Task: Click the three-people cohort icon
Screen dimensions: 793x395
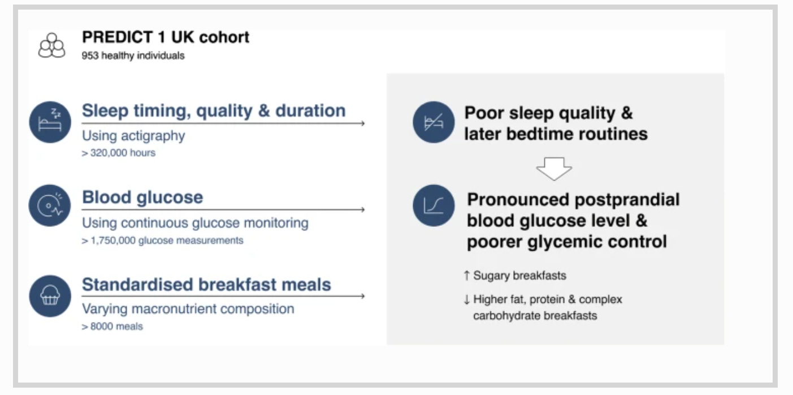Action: click(x=51, y=45)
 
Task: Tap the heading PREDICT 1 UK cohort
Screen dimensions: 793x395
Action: click(x=166, y=37)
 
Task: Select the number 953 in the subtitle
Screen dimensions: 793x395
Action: click(x=90, y=55)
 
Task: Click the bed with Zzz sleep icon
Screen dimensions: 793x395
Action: click(x=50, y=122)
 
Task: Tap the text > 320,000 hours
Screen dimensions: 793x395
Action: click(x=119, y=153)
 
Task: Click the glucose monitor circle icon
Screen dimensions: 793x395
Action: click(x=50, y=205)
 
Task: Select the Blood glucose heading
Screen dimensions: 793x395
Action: click(x=142, y=197)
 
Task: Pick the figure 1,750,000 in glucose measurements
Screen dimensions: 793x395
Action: click(x=113, y=241)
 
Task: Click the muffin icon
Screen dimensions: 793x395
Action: click(x=50, y=296)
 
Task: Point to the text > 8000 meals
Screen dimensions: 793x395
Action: click(x=112, y=326)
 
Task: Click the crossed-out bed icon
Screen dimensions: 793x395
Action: click(x=434, y=122)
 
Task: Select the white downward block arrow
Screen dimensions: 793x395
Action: click(x=554, y=169)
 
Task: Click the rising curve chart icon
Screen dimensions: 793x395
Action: click(x=434, y=205)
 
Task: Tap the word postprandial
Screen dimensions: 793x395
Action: click(x=627, y=200)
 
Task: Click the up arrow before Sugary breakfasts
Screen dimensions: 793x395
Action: click(x=467, y=276)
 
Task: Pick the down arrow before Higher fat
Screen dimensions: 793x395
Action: click(x=467, y=299)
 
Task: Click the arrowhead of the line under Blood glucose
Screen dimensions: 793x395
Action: click(x=362, y=209)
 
